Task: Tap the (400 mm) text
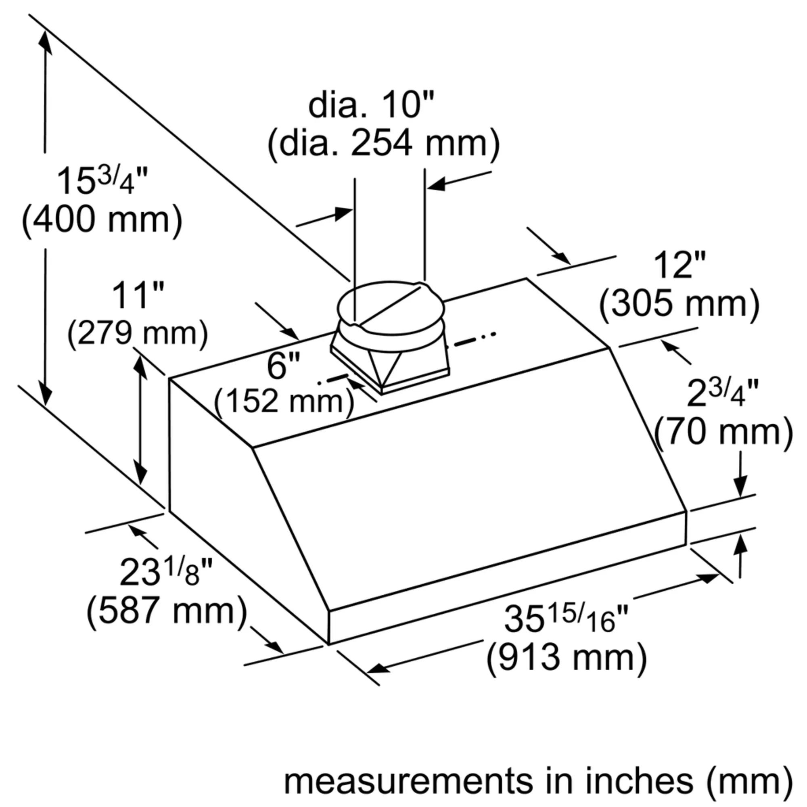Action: [x=102, y=220]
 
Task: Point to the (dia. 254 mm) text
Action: [x=383, y=143]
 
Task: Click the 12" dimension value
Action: [x=679, y=266]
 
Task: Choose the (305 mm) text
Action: [x=679, y=304]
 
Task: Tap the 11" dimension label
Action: [x=138, y=296]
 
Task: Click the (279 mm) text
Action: [x=138, y=333]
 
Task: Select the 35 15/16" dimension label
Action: [x=566, y=619]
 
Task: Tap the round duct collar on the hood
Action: [x=391, y=309]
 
